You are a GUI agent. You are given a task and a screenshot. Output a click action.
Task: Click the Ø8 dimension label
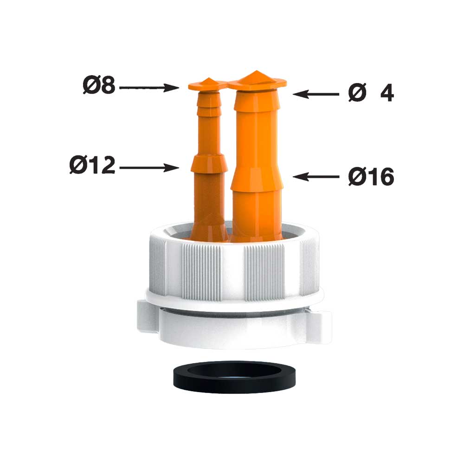pos(99,85)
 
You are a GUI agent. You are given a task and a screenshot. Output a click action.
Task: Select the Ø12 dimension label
pos(92,165)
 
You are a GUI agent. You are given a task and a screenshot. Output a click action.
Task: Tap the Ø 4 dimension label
pos(371,93)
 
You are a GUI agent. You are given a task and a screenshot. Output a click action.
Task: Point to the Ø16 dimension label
pos(371,177)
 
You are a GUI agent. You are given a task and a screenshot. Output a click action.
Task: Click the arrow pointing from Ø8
pos(149,88)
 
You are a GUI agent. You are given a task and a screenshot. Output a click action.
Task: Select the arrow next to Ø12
pos(149,168)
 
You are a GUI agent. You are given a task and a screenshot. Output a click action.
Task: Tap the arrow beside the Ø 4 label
pos(316,94)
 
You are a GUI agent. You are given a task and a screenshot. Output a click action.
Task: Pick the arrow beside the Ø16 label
pos(316,177)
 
